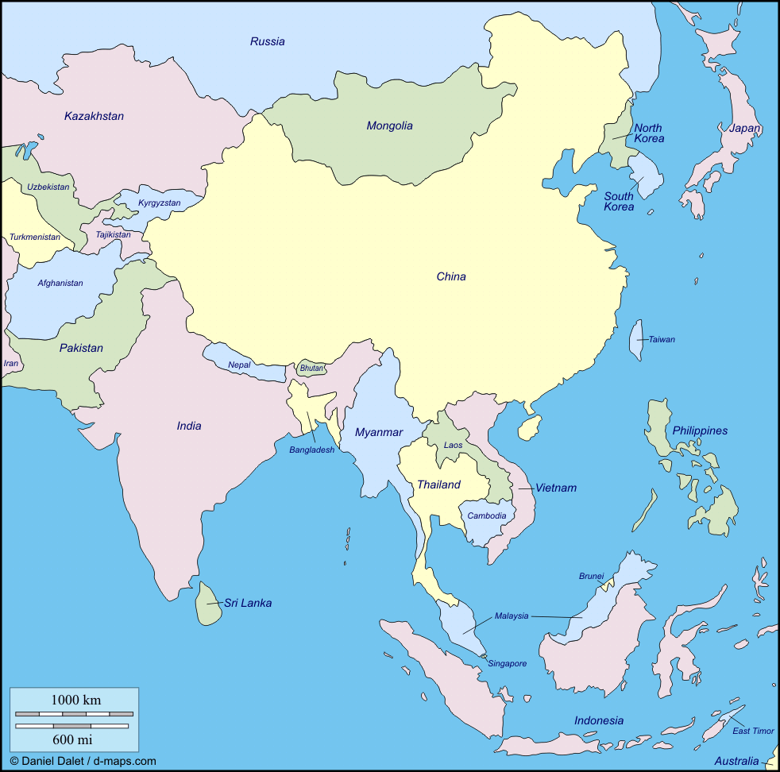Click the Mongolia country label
(389, 125)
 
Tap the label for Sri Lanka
(248, 603)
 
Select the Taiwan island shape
(637, 339)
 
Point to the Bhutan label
(311, 369)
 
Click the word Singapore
(507, 663)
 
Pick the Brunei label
(591, 576)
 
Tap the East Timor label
(752, 731)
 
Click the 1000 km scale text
(76, 700)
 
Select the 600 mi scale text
(72, 740)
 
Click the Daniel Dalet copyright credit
(83, 761)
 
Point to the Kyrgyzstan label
(160, 203)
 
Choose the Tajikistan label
(113, 234)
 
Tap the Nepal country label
(239, 365)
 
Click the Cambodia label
(486, 515)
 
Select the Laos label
(453, 445)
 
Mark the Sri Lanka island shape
(209, 604)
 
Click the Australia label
(736, 760)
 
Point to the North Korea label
(648, 133)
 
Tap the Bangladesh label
(311, 450)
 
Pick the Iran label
(10, 363)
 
